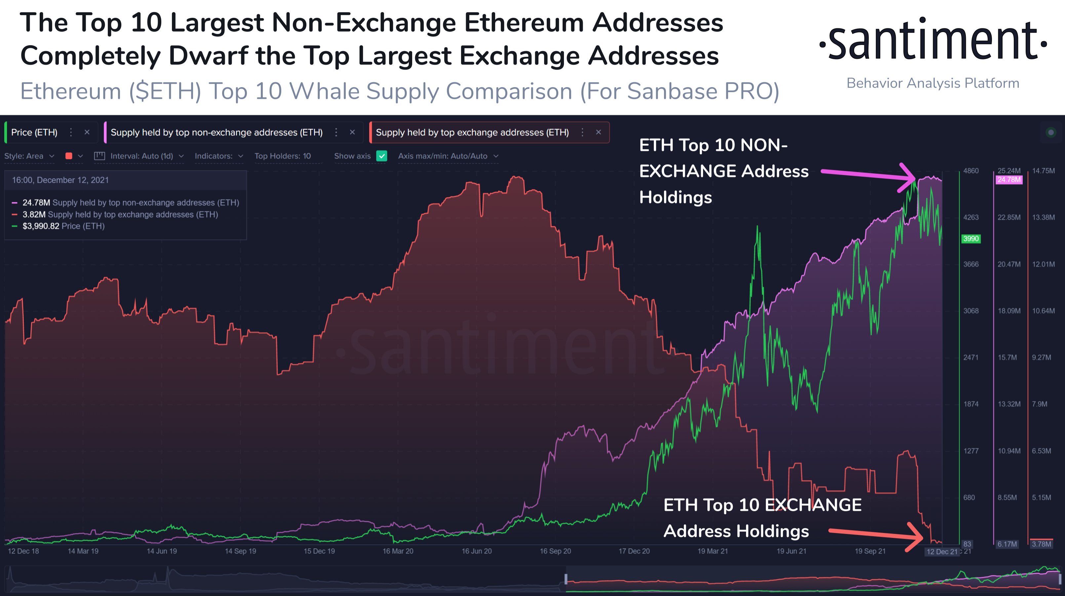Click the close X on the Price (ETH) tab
click(87, 132)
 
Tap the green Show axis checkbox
click(381, 156)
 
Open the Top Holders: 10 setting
click(282, 156)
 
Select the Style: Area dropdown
click(29, 156)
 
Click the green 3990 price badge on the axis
click(970, 239)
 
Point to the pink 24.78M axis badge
click(1008, 180)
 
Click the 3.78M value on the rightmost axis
click(1041, 544)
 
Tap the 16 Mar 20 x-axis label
click(397, 551)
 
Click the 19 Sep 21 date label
click(870, 551)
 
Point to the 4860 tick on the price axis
click(970, 171)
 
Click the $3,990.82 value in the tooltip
click(41, 226)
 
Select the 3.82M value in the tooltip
click(34, 214)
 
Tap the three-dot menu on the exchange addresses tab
click(582, 132)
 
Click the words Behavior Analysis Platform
click(933, 83)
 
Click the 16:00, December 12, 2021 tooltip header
click(60, 180)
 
